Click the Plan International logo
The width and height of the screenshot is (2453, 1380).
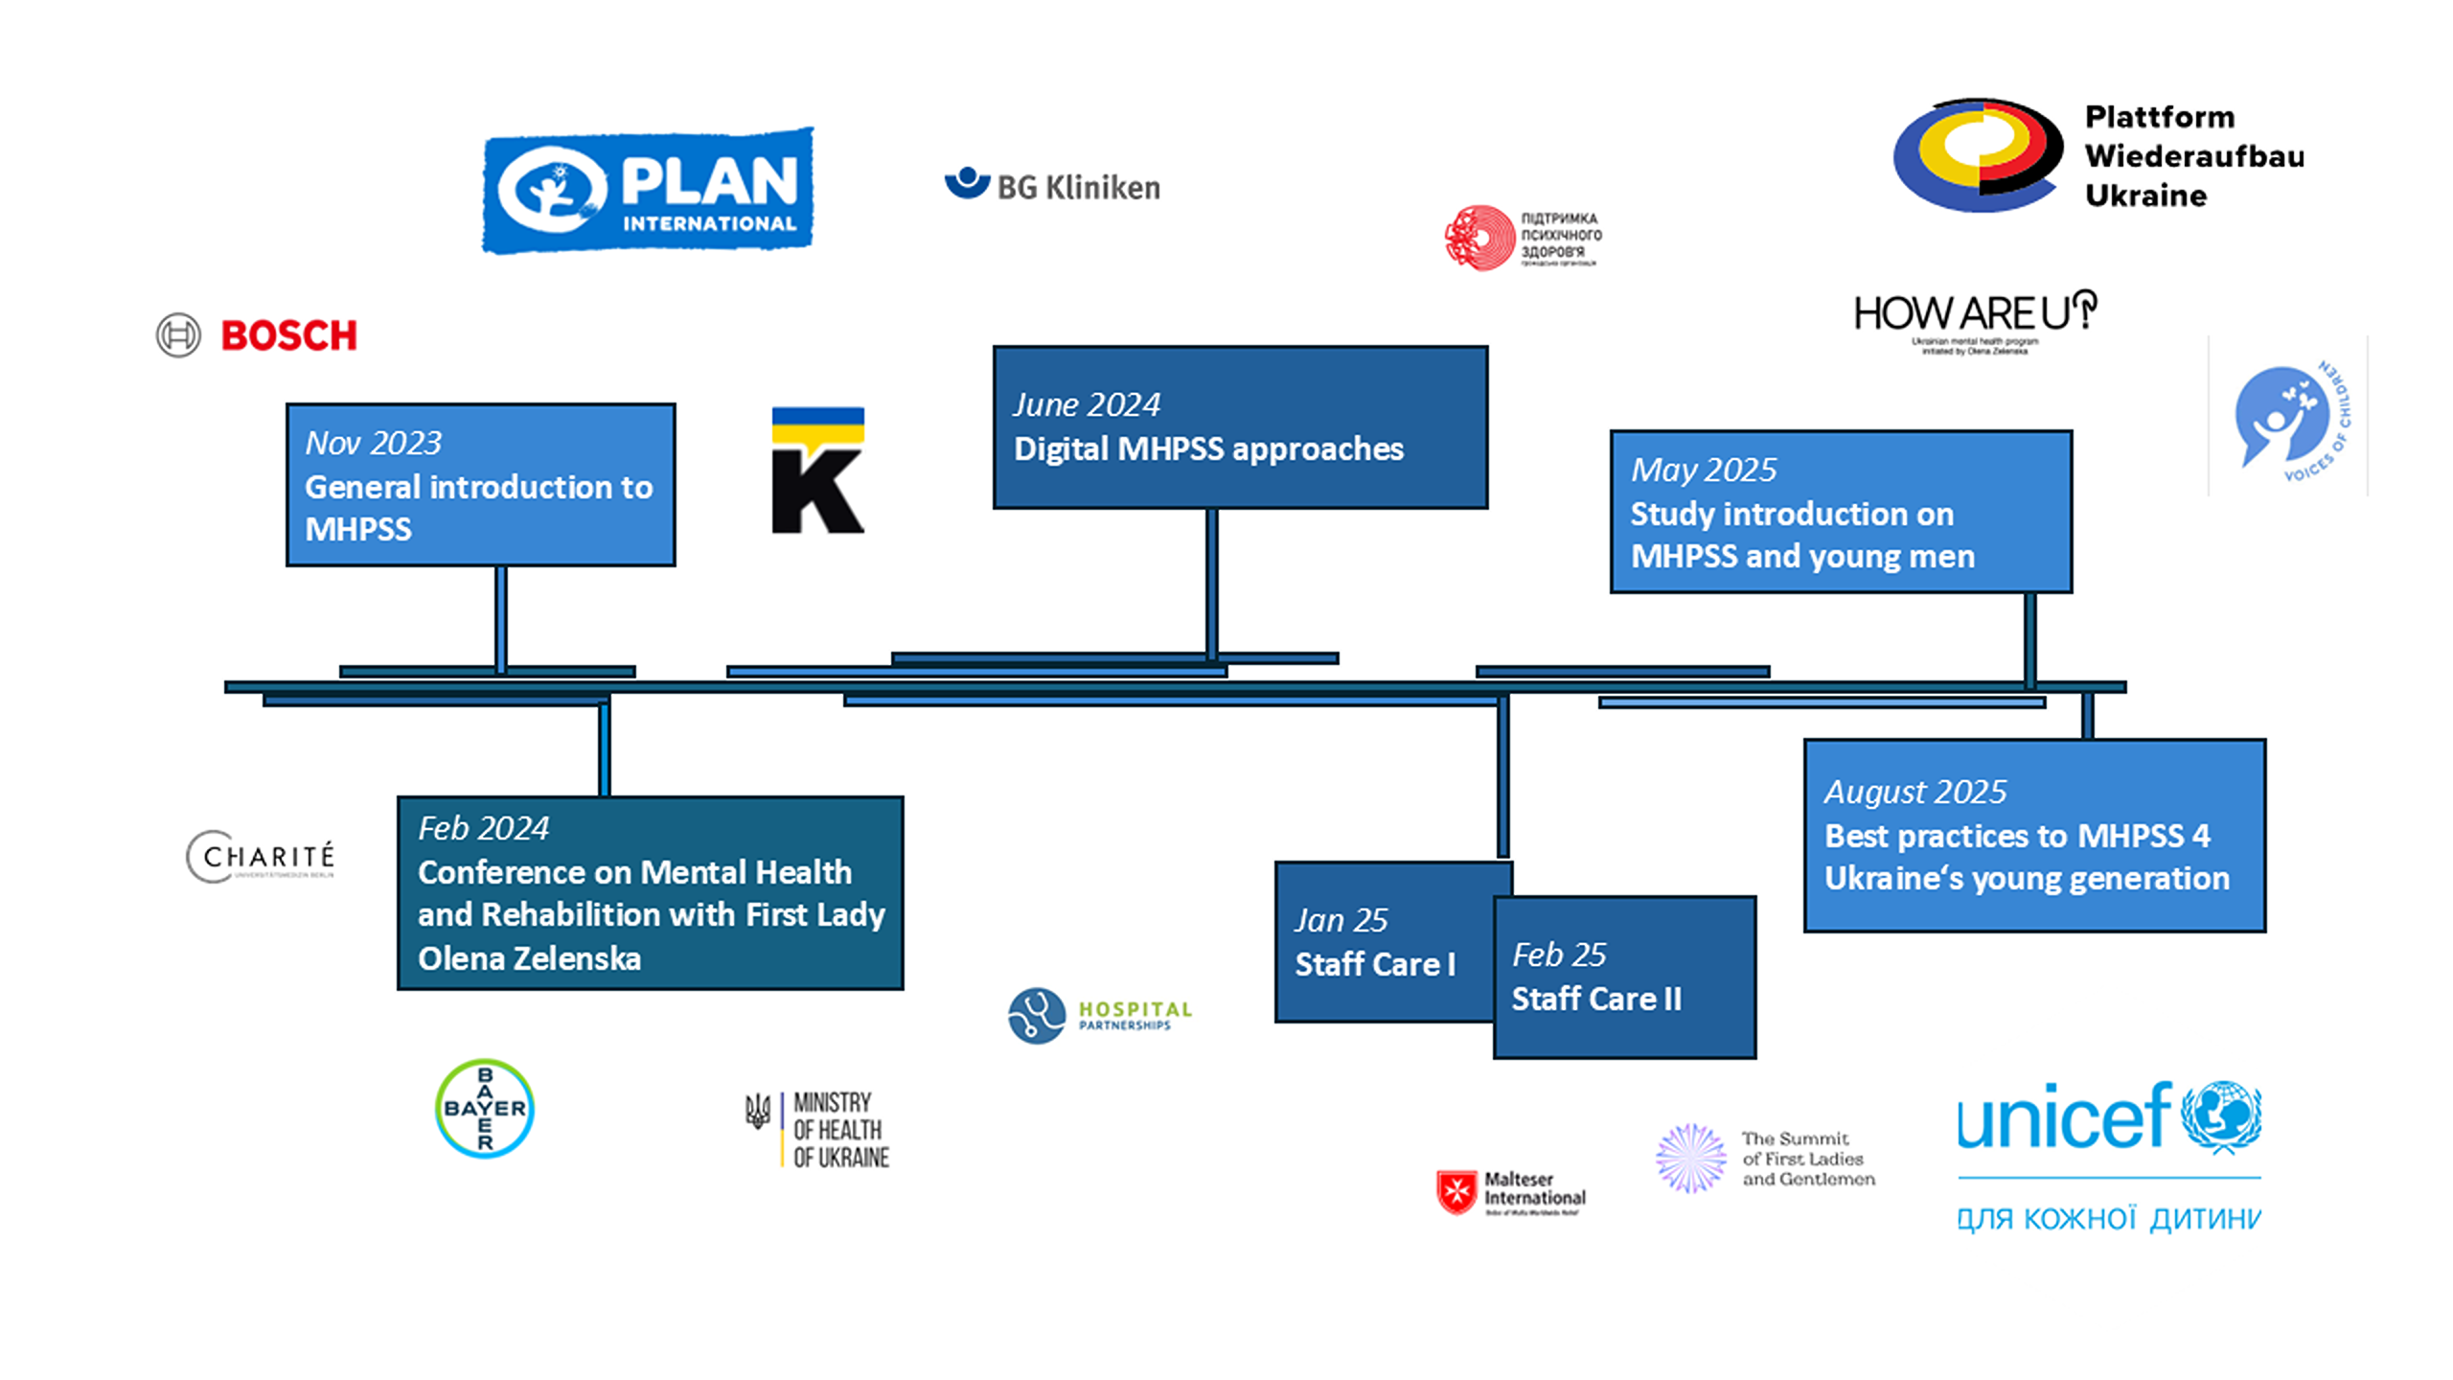click(x=648, y=191)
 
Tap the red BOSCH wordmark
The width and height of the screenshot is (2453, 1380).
click(x=288, y=335)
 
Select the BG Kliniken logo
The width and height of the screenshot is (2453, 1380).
click(x=1052, y=185)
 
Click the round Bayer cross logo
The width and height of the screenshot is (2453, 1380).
click(x=484, y=1109)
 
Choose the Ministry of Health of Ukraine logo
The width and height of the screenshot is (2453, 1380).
click(x=818, y=1129)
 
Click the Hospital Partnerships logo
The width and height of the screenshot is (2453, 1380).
click(x=1100, y=1015)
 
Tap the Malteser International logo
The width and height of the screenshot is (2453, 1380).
click(x=1511, y=1192)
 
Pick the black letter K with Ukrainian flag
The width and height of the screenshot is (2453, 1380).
click(x=817, y=471)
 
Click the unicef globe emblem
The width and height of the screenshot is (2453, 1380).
click(x=2221, y=1115)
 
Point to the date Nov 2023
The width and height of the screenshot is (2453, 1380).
click(x=373, y=443)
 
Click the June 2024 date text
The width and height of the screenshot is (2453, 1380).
click(x=1087, y=404)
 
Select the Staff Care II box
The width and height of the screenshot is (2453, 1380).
click(x=1624, y=977)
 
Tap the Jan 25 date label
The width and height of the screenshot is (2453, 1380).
click(x=1341, y=920)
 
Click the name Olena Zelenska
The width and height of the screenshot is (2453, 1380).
click(x=529, y=958)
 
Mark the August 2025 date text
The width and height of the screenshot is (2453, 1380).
click(x=1914, y=792)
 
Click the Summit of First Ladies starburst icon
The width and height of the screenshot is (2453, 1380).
click(x=1690, y=1158)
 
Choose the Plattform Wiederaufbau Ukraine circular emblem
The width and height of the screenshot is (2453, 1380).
click(x=1977, y=155)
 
